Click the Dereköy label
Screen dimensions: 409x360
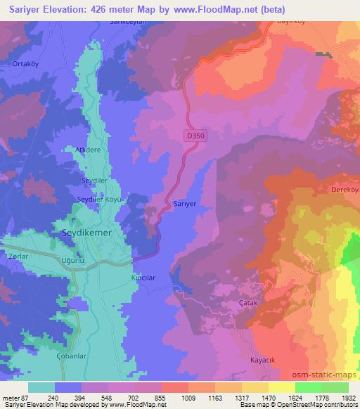pos(343,190)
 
